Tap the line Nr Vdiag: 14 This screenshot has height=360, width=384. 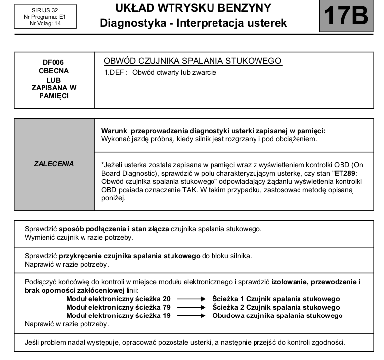click(x=45, y=23)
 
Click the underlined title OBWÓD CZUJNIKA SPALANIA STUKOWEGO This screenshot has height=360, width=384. click(x=192, y=61)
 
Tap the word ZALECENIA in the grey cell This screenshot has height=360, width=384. click(x=53, y=164)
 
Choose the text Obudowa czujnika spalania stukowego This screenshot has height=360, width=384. click(x=277, y=315)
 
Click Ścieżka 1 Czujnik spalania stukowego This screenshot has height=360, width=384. click(x=276, y=299)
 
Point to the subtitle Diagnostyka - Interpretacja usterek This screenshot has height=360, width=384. click(x=193, y=23)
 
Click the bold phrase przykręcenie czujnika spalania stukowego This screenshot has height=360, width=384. click(x=130, y=256)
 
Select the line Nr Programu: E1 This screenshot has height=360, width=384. click(x=45, y=17)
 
